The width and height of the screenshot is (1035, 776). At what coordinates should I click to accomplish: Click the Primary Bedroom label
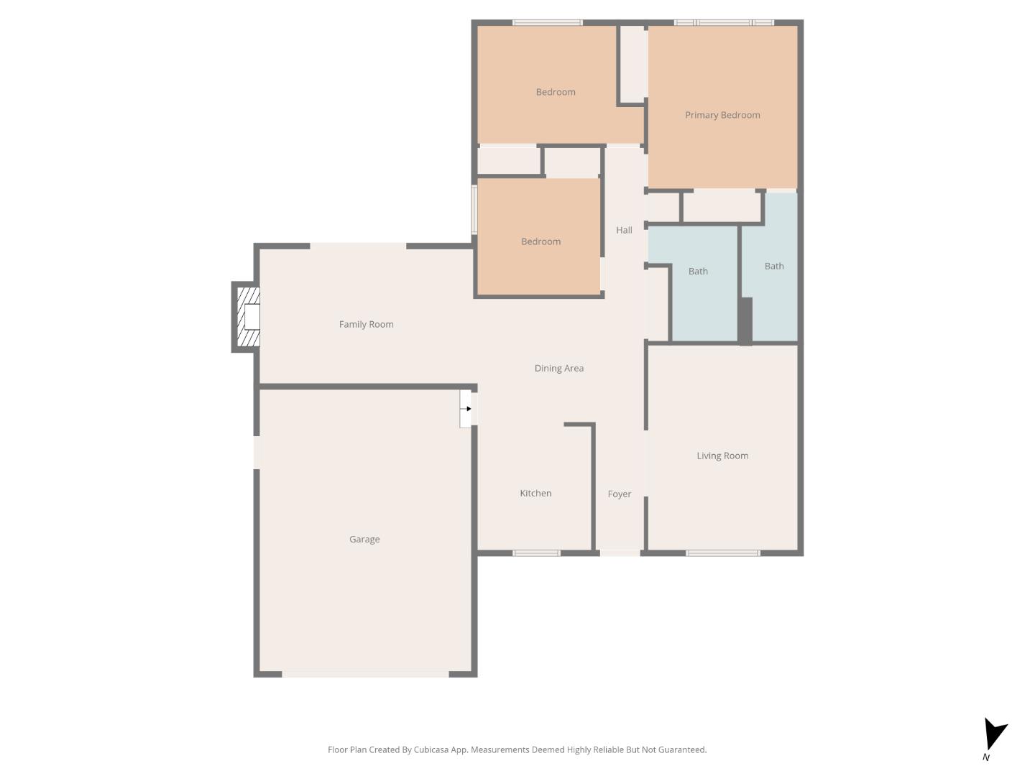point(722,115)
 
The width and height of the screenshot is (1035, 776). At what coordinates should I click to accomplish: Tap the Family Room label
point(366,324)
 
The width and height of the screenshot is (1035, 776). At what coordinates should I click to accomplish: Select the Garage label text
point(364,539)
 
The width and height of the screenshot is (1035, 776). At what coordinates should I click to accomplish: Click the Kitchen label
point(535,493)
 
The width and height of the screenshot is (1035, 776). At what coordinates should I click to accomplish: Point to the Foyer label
point(619,494)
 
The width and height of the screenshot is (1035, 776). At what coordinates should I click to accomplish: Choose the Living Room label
point(722,456)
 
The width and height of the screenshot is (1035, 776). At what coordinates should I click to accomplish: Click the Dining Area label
point(558,368)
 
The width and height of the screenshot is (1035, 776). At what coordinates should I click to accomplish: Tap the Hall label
point(624,230)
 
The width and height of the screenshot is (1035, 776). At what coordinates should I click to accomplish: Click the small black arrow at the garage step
point(468,409)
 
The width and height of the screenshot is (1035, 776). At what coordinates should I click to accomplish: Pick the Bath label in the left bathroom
point(698,271)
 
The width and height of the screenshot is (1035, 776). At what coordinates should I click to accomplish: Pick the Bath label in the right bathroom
point(774,266)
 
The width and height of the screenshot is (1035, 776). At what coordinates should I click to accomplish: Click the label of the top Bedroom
point(556,92)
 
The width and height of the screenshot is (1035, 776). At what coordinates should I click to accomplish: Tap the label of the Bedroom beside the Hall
point(540,241)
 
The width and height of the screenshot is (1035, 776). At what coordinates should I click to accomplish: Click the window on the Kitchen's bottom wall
point(536,553)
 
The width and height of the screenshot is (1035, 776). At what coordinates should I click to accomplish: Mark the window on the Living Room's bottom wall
point(722,553)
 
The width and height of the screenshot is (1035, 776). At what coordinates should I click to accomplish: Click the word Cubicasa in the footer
point(431,749)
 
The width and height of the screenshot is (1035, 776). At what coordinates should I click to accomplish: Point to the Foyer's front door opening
point(620,553)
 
